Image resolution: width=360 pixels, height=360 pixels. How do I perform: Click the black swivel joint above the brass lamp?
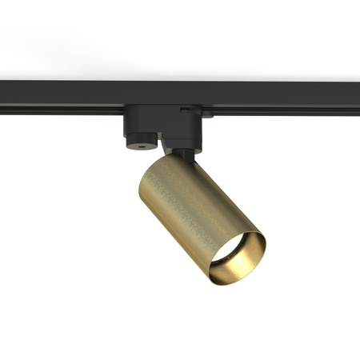pos(182,154)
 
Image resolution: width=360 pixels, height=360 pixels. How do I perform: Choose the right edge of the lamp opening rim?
pos(265,252)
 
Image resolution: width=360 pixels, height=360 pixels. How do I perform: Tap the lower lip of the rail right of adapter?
pos(280,111)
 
